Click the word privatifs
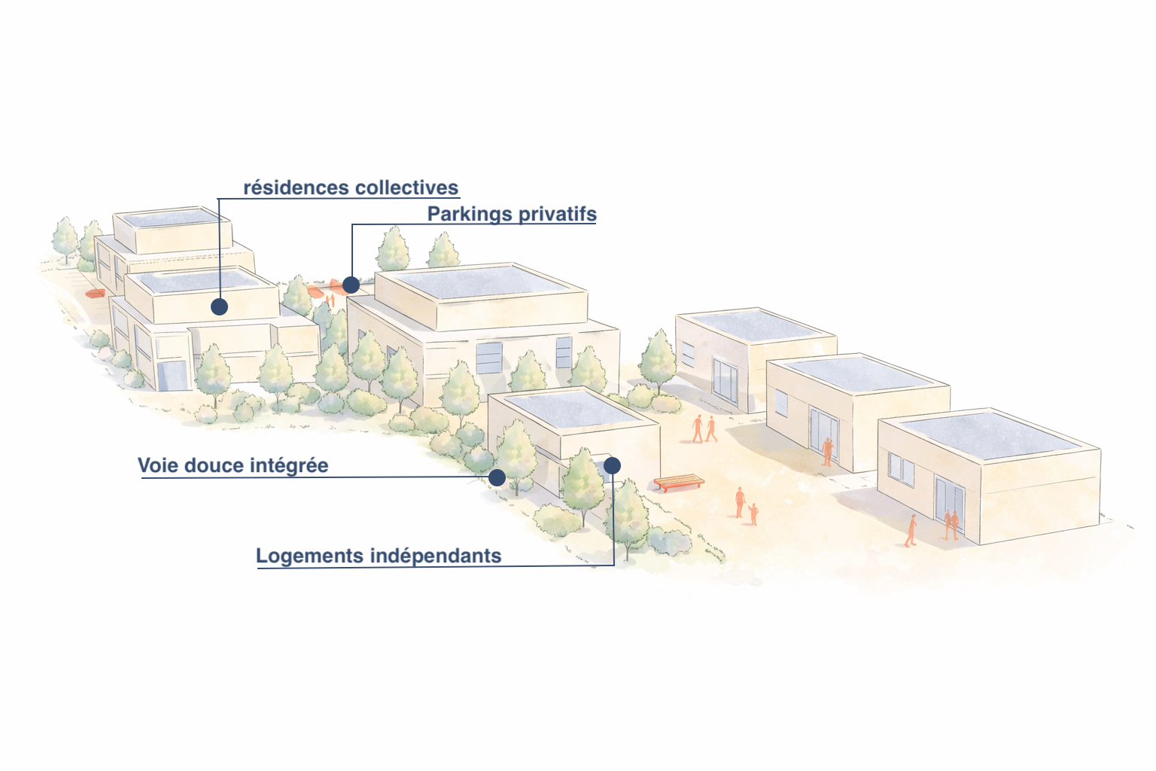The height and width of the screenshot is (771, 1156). [557, 215]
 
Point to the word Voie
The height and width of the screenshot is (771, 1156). [158, 465]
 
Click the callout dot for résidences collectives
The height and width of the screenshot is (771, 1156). [219, 306]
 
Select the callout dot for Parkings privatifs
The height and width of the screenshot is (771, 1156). [351, 285]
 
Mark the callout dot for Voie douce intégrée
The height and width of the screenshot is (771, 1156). [497, 477]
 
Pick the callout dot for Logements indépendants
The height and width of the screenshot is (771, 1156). [612, 465]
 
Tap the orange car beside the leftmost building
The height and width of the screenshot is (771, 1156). [95, 294]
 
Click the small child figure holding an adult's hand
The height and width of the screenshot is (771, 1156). [753, 514]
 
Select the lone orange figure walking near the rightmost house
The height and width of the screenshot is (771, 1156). [911, 529]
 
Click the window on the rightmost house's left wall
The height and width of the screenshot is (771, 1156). [900, 469]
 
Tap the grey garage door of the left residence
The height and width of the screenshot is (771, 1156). [172, 375]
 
